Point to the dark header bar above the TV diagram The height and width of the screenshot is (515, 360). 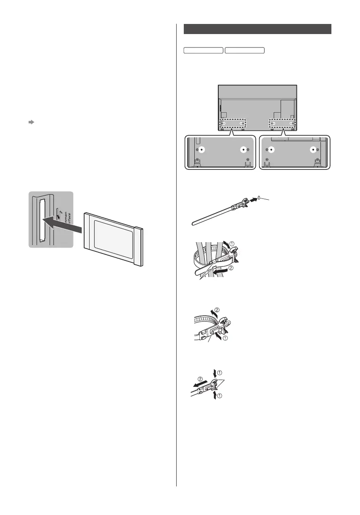(x=258, y=29)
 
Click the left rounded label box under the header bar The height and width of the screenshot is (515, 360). (x=203, y=50)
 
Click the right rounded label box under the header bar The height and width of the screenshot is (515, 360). (x=244, y=50)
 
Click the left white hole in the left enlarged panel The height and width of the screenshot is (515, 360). (x=202, y=149)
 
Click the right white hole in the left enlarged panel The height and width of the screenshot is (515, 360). (x=242, y=149)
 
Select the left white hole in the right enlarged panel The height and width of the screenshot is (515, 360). (x=272, y=149)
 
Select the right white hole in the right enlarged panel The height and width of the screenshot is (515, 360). (x=312, y=149)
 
